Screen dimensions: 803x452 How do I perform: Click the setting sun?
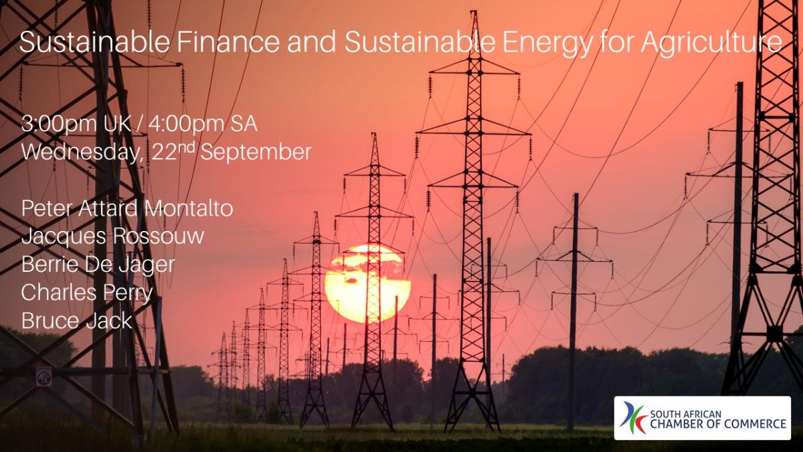[367, 283]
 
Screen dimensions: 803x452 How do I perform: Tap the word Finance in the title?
[228, 42]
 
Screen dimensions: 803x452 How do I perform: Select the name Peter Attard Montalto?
[127, 208]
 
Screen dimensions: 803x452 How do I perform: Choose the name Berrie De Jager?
[98, 265]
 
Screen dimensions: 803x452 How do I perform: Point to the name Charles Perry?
[87, 293]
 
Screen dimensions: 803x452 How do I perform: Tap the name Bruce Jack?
[77, 320]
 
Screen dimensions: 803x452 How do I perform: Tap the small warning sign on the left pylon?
[43, 376]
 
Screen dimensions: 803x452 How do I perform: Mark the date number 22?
[164, 153]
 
